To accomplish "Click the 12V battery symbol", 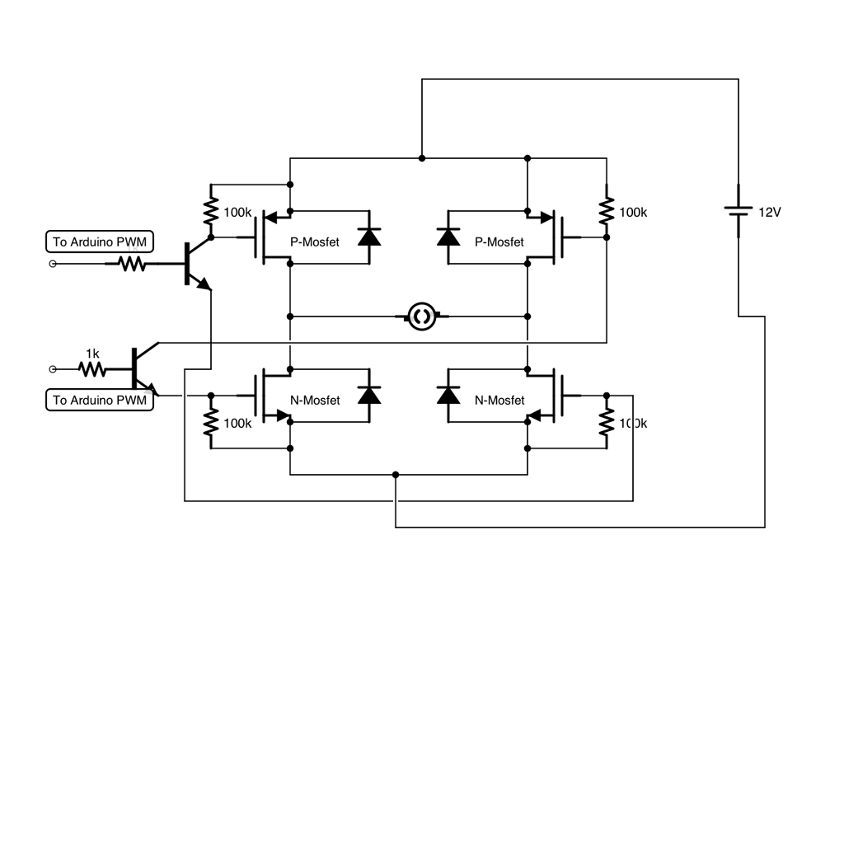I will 738,212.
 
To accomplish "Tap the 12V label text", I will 769,213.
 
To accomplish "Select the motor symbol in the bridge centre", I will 422,316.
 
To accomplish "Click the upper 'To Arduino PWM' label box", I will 101,242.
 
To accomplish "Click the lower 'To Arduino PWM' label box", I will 101,401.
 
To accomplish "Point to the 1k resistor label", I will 92,354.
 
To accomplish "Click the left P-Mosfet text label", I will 315,242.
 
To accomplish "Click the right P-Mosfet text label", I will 499,242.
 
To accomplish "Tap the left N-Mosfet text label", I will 315,401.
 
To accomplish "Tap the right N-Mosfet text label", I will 499,401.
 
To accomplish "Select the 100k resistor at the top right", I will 607,212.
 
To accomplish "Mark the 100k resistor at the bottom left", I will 211,423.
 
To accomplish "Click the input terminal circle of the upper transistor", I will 54,264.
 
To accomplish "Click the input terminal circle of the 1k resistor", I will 54,369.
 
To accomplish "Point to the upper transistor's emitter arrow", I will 204,284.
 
